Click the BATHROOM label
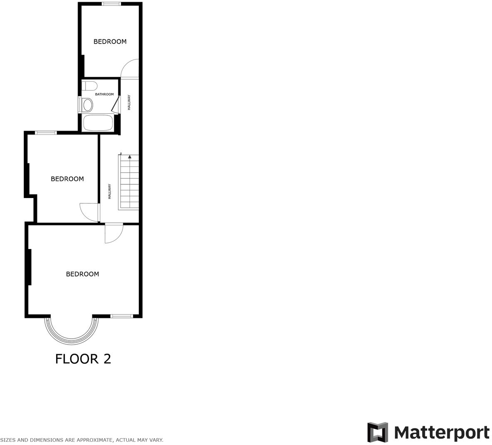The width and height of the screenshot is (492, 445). point(104,94)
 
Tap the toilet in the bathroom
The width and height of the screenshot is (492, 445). point(89,86)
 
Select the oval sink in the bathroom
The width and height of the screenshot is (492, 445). point(87,105)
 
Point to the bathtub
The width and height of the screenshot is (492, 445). point(98,123)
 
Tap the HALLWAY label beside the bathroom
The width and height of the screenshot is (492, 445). point(129,103)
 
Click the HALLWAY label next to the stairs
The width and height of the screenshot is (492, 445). point(110,191)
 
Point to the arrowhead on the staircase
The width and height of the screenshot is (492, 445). point(130,157)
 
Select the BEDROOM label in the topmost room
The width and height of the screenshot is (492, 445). point(110,42)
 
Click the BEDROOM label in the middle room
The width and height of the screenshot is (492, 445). point(67,179)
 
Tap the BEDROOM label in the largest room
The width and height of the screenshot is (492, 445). point(82,274)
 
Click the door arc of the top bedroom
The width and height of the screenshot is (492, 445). point(130,68)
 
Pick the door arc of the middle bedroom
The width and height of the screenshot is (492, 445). point(88,212)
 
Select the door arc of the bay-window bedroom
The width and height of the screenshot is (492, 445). point(114,234)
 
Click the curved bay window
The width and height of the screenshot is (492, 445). point(71,333)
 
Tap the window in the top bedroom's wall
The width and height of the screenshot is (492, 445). point(111,4)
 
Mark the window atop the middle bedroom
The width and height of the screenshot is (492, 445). point(46,133)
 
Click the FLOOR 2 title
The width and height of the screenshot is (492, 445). point(83,359)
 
